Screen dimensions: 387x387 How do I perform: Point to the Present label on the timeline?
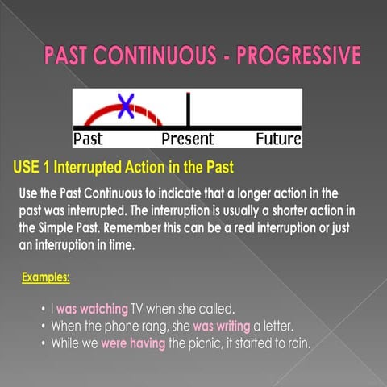188,139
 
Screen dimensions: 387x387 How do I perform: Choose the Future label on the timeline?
278,139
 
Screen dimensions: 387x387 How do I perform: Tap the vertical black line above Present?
188,109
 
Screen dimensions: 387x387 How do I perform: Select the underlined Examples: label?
46,278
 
